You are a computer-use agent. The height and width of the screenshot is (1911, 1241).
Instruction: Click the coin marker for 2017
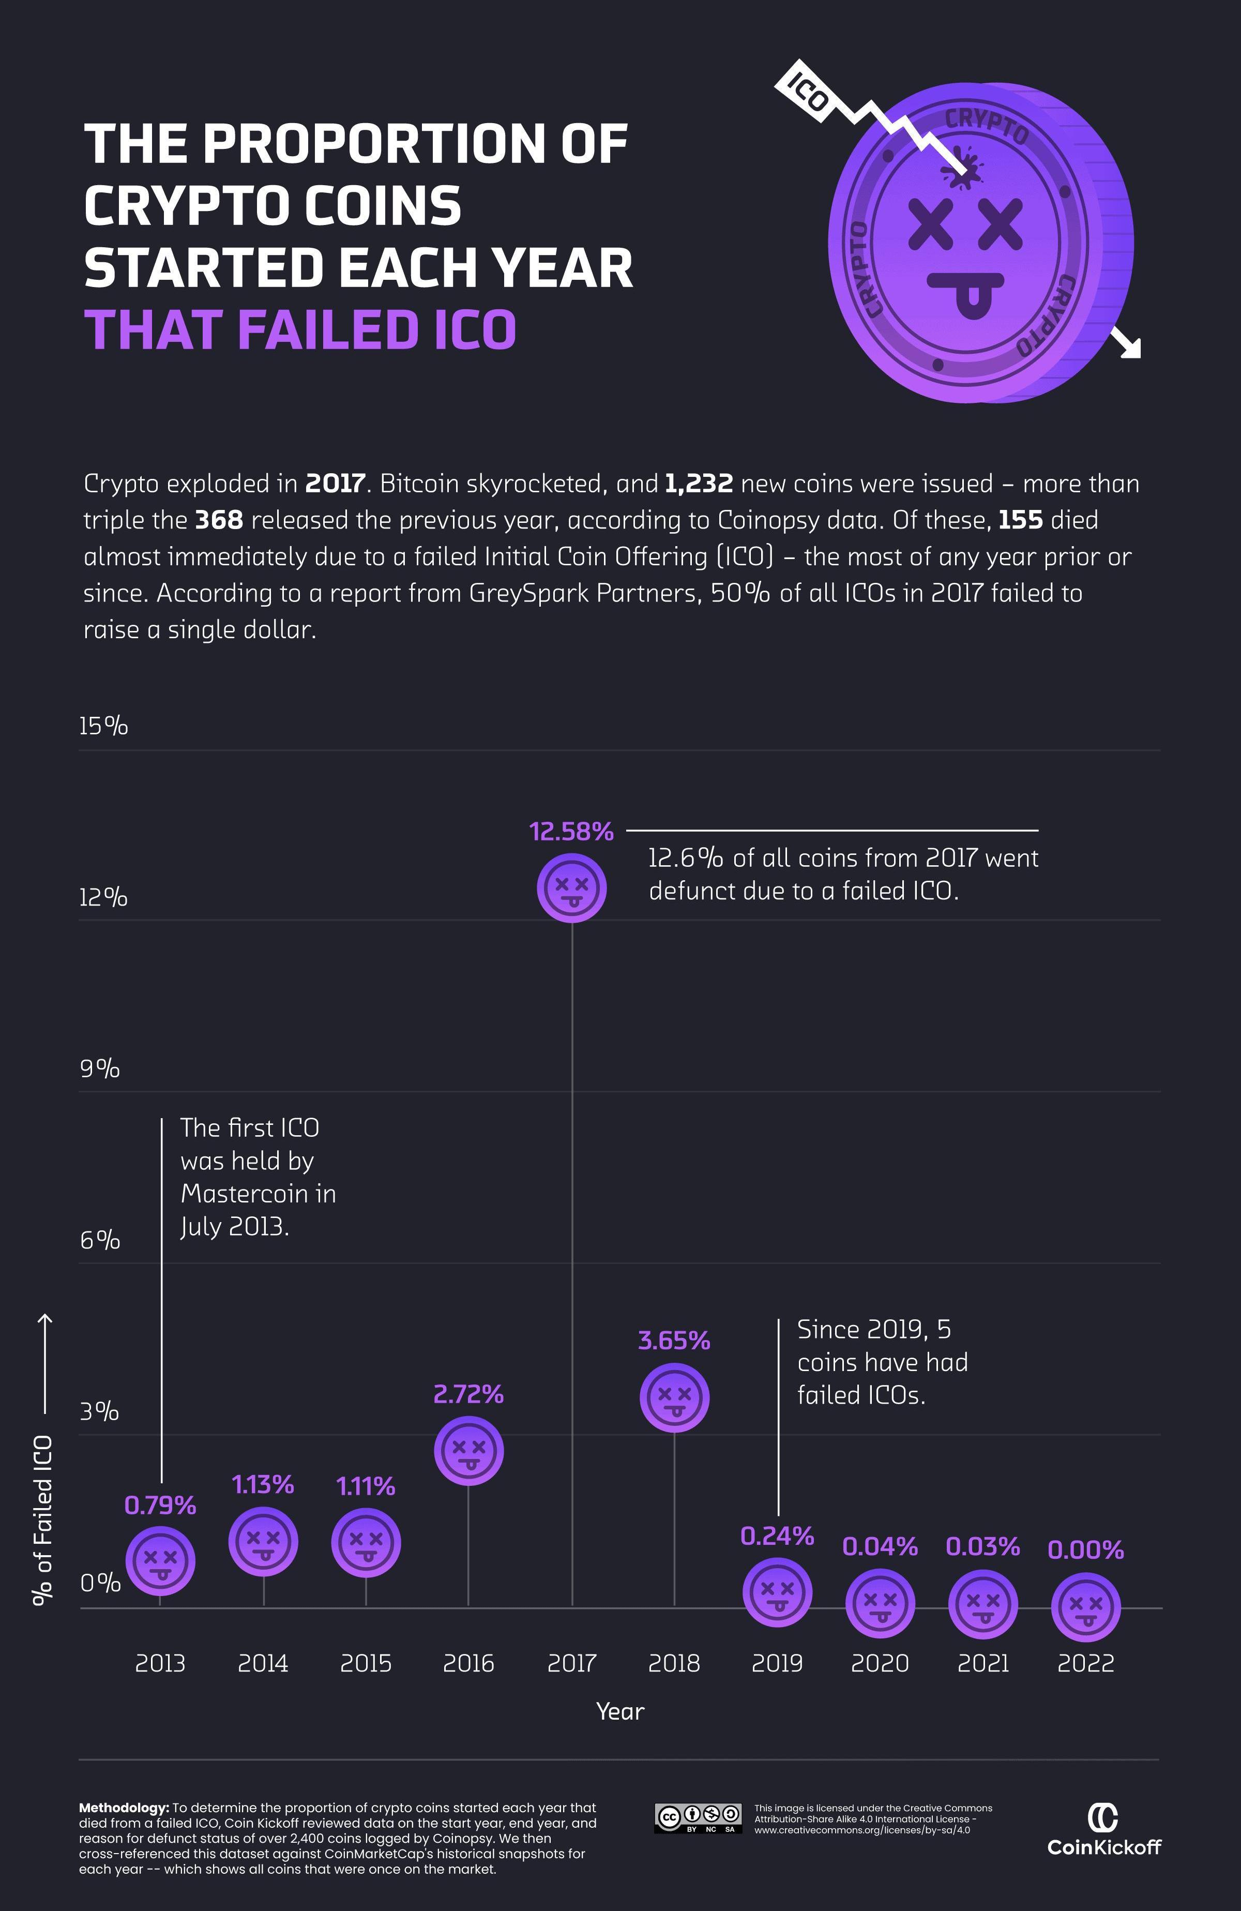click(571, 888)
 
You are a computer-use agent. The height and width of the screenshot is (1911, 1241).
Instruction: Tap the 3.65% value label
click(674, 1340)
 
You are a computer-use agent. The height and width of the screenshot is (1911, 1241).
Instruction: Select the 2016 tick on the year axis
click(469, 1663)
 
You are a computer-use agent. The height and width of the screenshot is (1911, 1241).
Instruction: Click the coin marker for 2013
click(160, 1561)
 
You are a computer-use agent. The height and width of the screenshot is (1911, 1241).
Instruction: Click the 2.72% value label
click(469, 1395)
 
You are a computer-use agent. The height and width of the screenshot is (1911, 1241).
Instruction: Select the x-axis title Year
click(619, 1711)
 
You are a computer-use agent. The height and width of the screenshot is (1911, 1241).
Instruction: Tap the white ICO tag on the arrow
click(807, 91)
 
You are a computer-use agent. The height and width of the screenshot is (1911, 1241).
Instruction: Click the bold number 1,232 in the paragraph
click(699, 484)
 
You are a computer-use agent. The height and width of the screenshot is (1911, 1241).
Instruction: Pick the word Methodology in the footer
click(124, 1808)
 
